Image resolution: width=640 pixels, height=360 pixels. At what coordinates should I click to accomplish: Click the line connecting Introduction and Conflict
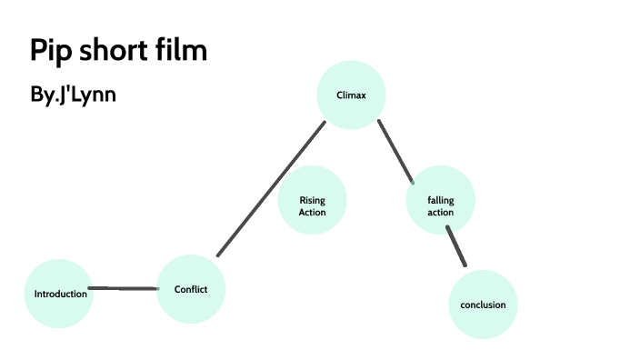[x=125, y=288]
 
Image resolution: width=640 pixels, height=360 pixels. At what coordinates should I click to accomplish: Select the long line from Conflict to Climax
[x=271, y=188]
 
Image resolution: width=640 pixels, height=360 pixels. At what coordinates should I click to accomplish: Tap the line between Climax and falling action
[x=395, y=151]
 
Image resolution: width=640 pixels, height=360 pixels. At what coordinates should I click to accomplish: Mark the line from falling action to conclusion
[x=456, y=245]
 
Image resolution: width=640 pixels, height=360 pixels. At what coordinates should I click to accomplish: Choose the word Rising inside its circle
[x=312, y=200]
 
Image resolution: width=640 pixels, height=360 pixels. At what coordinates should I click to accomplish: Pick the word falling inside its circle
[x=440, y=200]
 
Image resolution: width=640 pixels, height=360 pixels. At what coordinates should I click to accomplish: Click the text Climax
[x=351, y=95]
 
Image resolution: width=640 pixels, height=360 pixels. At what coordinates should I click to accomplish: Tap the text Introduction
[x=60, y=294]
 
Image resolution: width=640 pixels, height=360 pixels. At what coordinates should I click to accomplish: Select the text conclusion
[x=483, y=305]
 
